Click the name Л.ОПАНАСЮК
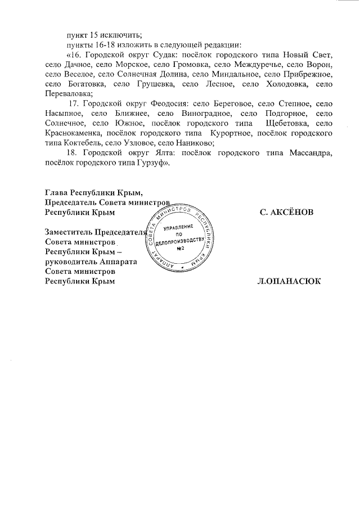coord(288,281)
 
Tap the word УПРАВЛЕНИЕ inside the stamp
coord(178,227)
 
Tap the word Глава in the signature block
coord(57,193)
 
